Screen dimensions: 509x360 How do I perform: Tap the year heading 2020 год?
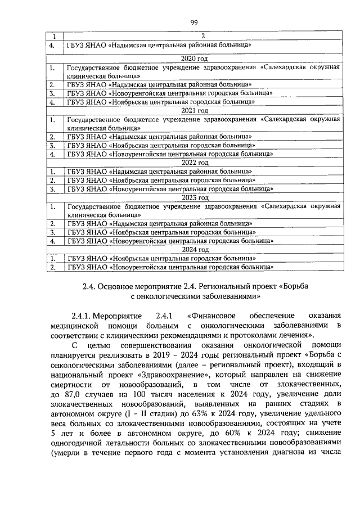tap(195, 58)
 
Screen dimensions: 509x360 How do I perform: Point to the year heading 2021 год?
tap(195, 111)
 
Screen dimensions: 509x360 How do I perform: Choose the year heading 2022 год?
tap(195, 163)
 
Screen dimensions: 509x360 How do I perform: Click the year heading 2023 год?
tap(195, 197)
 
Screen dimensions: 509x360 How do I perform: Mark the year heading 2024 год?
tap(195, 249)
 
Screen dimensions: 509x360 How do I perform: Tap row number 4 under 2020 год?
tap(52, 102)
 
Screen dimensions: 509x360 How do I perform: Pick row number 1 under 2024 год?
tap(52, 258)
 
